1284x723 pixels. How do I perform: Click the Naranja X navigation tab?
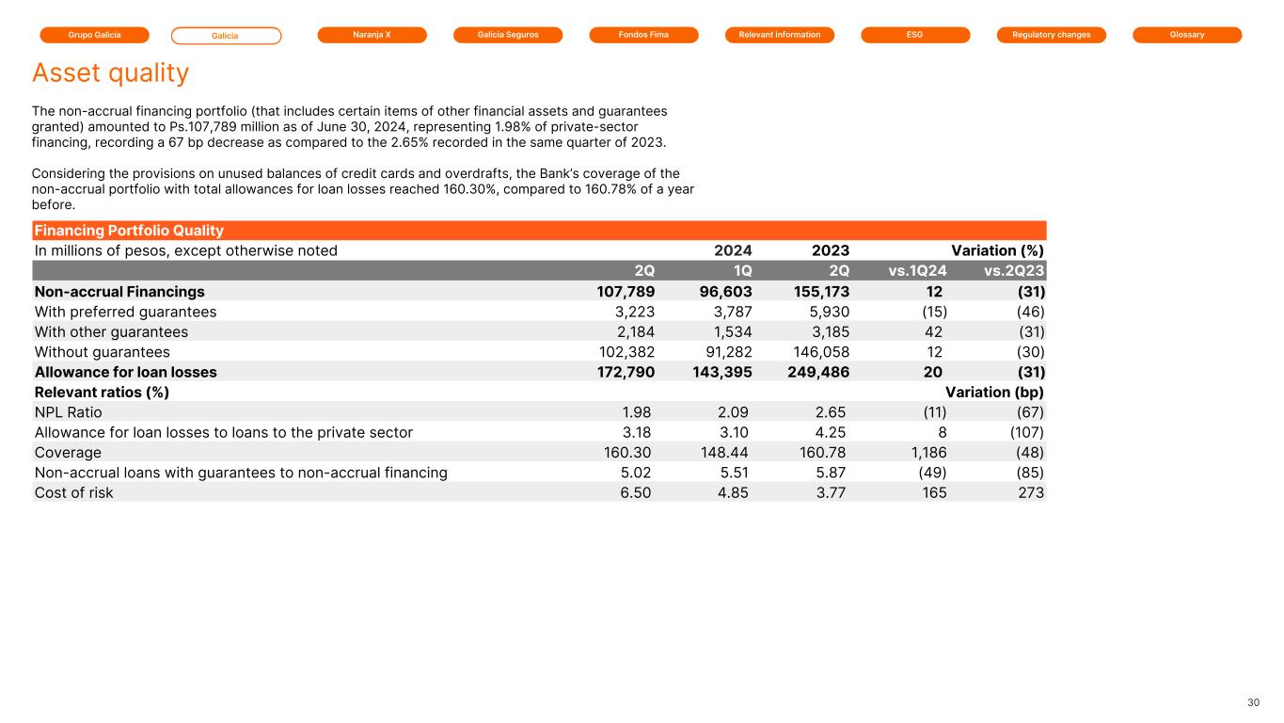[x=372, y=35]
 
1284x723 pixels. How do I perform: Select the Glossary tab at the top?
[x=1187, y=35]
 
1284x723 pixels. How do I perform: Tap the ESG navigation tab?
[x=915, y=35]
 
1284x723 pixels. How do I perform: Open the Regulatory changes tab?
[x=1051, y=35]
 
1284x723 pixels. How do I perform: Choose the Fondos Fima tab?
[x=643, y=35]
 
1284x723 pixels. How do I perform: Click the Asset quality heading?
[x=110, y=72]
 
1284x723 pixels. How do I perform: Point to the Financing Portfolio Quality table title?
[x=129, y=231]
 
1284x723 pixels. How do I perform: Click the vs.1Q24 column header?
[x=917, y=271]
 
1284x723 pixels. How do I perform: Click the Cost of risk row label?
[x=73, y=492]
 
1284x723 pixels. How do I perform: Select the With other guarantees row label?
[x=111, y=331]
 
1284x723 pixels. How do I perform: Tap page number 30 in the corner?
[x=1253, y=702]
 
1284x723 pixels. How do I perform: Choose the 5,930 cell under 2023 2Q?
[x=828, y=312]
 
